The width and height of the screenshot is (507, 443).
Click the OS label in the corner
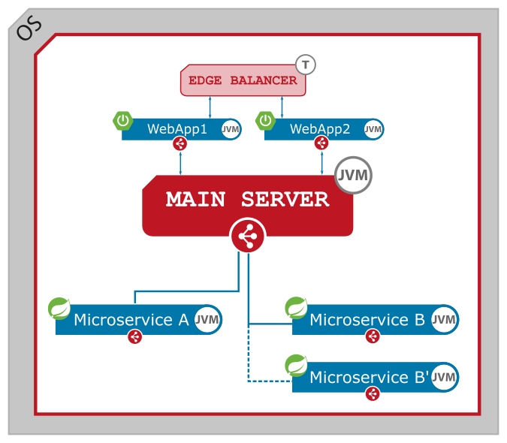pyautogui.click(x=29, y=28)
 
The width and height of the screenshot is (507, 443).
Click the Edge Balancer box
pyautogui.click(x=243, y=80)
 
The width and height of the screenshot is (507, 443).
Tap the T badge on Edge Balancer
pyautogui.click(x=306, y=65)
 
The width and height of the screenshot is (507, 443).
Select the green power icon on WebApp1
pyautogui.click(x=123, y=120)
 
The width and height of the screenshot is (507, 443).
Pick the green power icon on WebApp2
pyautogui.click(x=266, y=120)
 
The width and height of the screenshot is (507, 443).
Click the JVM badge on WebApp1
pyautogui.click(x=231, y=129)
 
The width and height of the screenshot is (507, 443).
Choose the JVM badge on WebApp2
pyautogui.click(x=373, y=129)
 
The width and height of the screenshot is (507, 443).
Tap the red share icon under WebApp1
pyautogui.click(x=180, y=143)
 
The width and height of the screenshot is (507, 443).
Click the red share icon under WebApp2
pyautogui.click(x=321, y=143)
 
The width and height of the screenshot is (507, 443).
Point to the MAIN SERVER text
pyautogui.click(x=247, y=200)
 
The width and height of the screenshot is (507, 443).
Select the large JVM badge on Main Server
pyautogui.click(x=353, y=176)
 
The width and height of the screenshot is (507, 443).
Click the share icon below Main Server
pyautogui.click(x=248, y=237)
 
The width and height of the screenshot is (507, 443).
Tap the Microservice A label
pyautogui.click(x=131, y=320)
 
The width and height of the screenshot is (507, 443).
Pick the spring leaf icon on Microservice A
pyautogui.click(x=59, y=309)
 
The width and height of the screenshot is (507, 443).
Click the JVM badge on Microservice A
pyautogui.click(x=207, y=320)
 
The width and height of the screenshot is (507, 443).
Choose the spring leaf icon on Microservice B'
pyautogui.click(x=296, y=366)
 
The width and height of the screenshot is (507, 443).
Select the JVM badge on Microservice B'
pyautogui.click(x=444, y=377)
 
